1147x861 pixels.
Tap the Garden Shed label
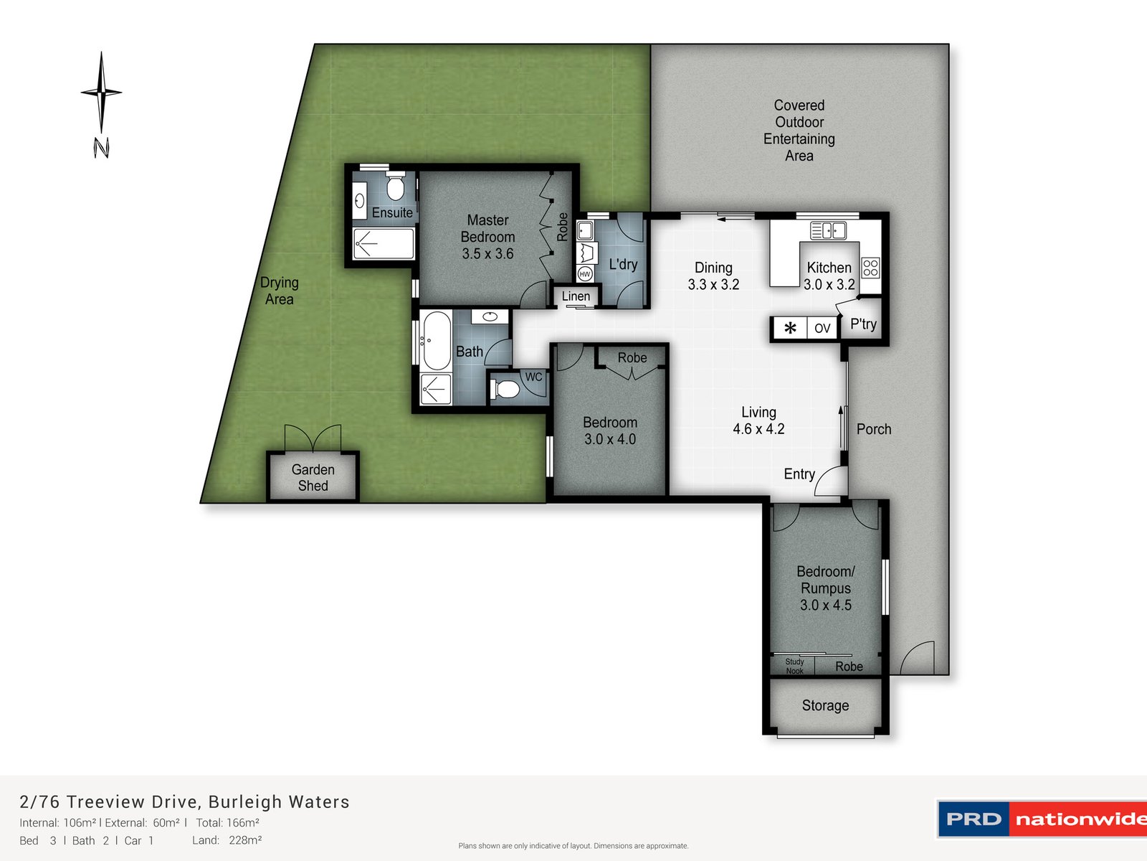point(313,478)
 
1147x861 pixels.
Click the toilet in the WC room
point(507,390)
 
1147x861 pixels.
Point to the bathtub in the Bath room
point(434,340)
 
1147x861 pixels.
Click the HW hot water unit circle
point(585,274)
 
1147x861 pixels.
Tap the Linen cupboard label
point(576,296)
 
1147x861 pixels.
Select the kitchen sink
point(828,230)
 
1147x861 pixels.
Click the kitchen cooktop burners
point(870,268)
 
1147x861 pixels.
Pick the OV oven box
point(822,329)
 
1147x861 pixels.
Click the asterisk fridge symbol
point(790,329)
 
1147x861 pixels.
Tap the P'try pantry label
point(863,324)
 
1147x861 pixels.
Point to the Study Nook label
point(794,667)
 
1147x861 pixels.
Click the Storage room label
point(825,706)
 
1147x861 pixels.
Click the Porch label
point(874,429)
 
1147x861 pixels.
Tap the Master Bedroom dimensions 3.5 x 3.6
point(487,254)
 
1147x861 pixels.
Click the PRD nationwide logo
point(1042,819)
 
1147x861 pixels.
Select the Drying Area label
point(280,291)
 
